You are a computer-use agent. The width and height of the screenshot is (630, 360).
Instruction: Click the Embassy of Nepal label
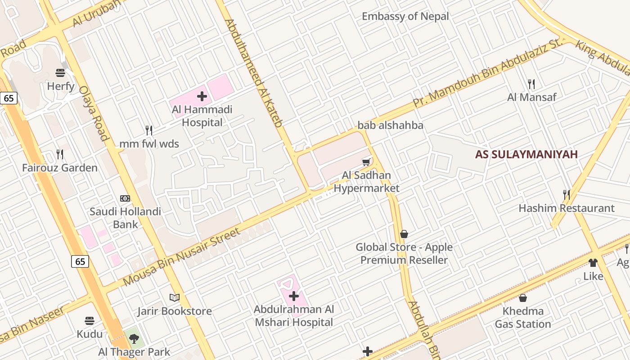pos(405,17)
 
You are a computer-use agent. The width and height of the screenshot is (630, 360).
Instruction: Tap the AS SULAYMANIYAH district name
pos(526,155)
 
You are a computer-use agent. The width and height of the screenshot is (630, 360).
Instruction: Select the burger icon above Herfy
pos(60,72)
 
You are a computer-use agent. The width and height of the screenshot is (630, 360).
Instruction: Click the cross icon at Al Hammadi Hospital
pos(202,96)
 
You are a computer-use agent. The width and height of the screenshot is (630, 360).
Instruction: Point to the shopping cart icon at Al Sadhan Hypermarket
pos(367,162)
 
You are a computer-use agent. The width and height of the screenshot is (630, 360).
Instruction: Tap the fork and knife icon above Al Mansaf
pos(531,84)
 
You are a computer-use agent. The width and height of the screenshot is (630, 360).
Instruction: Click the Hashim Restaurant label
pos(566,208)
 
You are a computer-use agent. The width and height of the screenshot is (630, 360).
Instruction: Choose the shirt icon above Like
pos(593,263)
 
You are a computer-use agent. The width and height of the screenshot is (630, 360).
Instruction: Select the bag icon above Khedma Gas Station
pos(523,298)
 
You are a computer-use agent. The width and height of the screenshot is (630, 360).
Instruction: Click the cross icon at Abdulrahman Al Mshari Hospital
pos(294,296)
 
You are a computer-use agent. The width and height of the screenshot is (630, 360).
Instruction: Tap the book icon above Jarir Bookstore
pos(174,297)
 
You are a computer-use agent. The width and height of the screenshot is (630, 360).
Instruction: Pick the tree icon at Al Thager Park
pos(134,338)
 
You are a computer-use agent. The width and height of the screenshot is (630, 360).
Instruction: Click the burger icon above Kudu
pos(90,321)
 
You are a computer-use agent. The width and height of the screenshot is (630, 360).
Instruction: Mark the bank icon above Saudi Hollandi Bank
pos(125,198)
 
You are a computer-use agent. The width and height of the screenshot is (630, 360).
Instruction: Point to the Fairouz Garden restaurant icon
pos(60,154)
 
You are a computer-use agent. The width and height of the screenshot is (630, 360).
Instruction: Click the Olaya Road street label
pos(94,113)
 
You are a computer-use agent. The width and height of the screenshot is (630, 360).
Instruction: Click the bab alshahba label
pos(390,126)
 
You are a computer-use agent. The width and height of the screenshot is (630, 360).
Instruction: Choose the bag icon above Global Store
pos(404,234)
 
